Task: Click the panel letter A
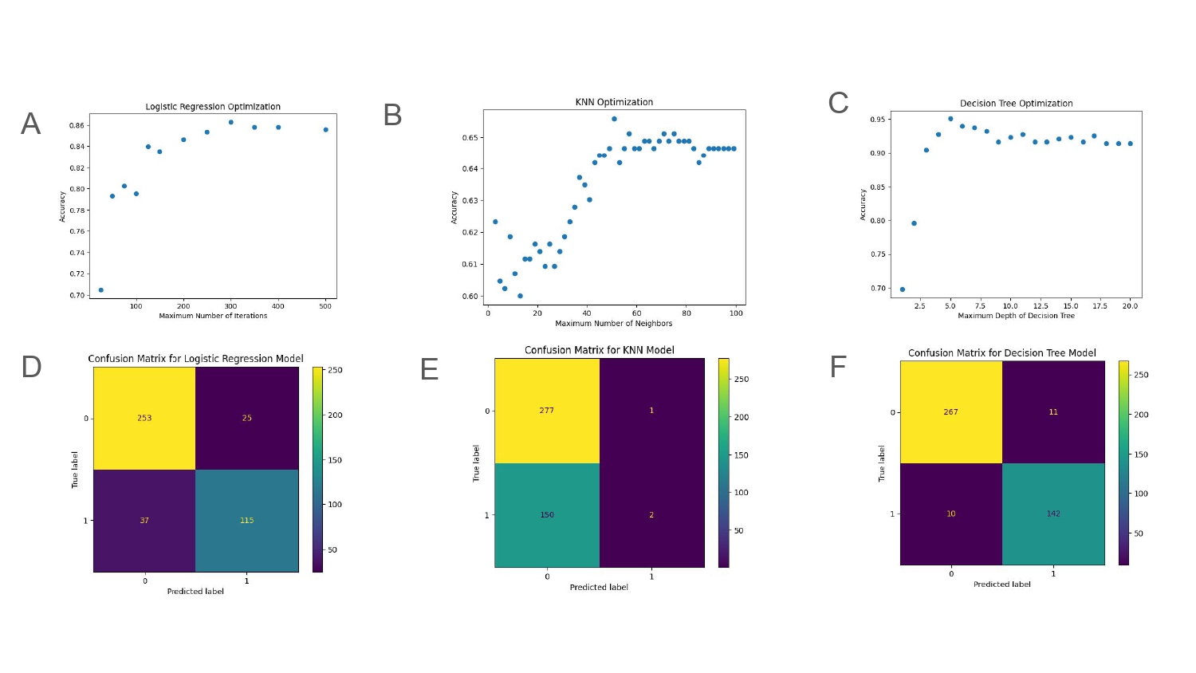30,124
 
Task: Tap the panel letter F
838,367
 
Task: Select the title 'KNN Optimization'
614,102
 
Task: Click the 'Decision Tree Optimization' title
1016,103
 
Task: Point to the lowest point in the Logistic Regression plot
101,290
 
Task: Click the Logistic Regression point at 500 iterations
325,130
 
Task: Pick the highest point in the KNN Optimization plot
614,119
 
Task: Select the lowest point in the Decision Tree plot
903,289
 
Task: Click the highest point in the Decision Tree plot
950,119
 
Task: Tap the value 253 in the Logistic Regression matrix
144,418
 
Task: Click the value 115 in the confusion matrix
246,520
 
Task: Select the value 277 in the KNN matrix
546,410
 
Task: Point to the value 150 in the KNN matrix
547,515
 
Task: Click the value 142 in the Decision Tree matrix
1053,514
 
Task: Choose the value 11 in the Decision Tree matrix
1053,411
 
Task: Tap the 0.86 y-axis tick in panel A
77,125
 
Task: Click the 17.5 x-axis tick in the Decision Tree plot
1100,306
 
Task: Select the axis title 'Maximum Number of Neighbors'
613,323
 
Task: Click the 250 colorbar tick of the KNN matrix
741,380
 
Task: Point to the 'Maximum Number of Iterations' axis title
213,316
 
